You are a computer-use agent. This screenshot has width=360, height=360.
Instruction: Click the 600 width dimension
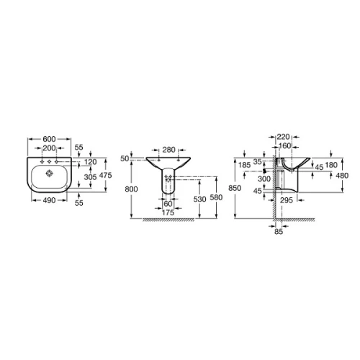(x=49, y=139)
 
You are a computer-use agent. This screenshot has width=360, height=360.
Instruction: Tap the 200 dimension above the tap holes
(x=49, y=148)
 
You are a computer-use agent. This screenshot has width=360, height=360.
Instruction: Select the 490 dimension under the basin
(x=49, y=200)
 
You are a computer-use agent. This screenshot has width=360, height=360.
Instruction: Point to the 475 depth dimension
(x=106, y=175)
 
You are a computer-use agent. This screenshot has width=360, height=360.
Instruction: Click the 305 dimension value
(x=90, y=177)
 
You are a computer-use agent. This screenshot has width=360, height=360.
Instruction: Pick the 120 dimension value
(x=91, y=162)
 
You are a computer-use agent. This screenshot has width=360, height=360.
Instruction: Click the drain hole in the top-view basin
(x=50, y=174)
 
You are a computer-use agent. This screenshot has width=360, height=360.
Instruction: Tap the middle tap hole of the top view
(x=50, y=162)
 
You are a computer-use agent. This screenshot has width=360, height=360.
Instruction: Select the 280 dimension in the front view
(x=169, y=150)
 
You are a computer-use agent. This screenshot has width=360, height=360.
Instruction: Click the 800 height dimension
(x=131, y=189)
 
